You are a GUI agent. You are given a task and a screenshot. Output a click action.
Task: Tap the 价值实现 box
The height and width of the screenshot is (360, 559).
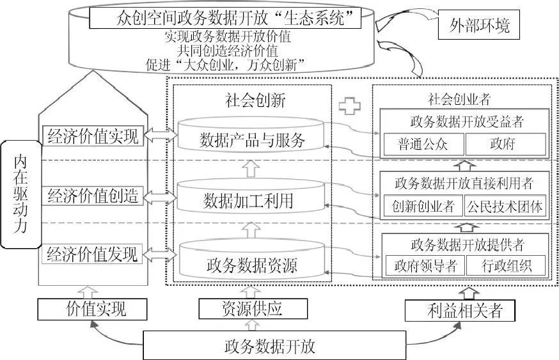[96, 310]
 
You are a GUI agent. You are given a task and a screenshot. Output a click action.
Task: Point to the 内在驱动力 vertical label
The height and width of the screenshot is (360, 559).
[21, 195]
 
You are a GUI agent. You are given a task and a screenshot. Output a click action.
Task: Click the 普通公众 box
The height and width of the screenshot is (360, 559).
[422, 143]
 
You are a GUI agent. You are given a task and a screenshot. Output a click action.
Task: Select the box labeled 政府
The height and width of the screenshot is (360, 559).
[505, 143]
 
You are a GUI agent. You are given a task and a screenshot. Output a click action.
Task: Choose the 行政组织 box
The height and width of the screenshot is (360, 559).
[505, 265]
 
